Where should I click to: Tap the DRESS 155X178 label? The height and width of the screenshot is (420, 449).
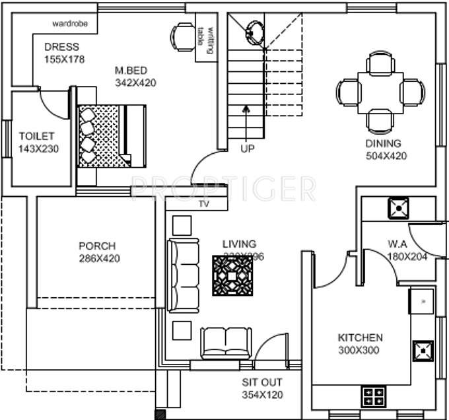click(x=61, y=53)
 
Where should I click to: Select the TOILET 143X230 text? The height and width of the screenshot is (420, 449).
click(x=38, y=143)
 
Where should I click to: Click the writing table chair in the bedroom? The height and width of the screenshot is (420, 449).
click(x=183, y=37)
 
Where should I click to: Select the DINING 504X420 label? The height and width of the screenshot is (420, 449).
click(x=386, y=150)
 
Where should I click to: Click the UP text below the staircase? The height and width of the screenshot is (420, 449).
click(x=247, y=149)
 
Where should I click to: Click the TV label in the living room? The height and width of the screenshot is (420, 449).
click(x=203, y=205)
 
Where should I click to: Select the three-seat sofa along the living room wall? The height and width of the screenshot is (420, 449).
click(x=184, y=273)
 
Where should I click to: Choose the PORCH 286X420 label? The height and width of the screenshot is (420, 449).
click(x=99, y=252)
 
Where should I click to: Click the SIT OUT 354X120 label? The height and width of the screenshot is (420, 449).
click(x=262, y=388)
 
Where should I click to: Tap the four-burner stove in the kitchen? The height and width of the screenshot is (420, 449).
click(x=374, y=398)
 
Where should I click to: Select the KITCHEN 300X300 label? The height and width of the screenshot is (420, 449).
click(x=360, y=343)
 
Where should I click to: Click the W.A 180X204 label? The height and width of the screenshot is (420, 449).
click(x=407, y=250)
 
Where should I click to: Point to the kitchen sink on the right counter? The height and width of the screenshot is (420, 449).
click(x=422, y=302)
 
